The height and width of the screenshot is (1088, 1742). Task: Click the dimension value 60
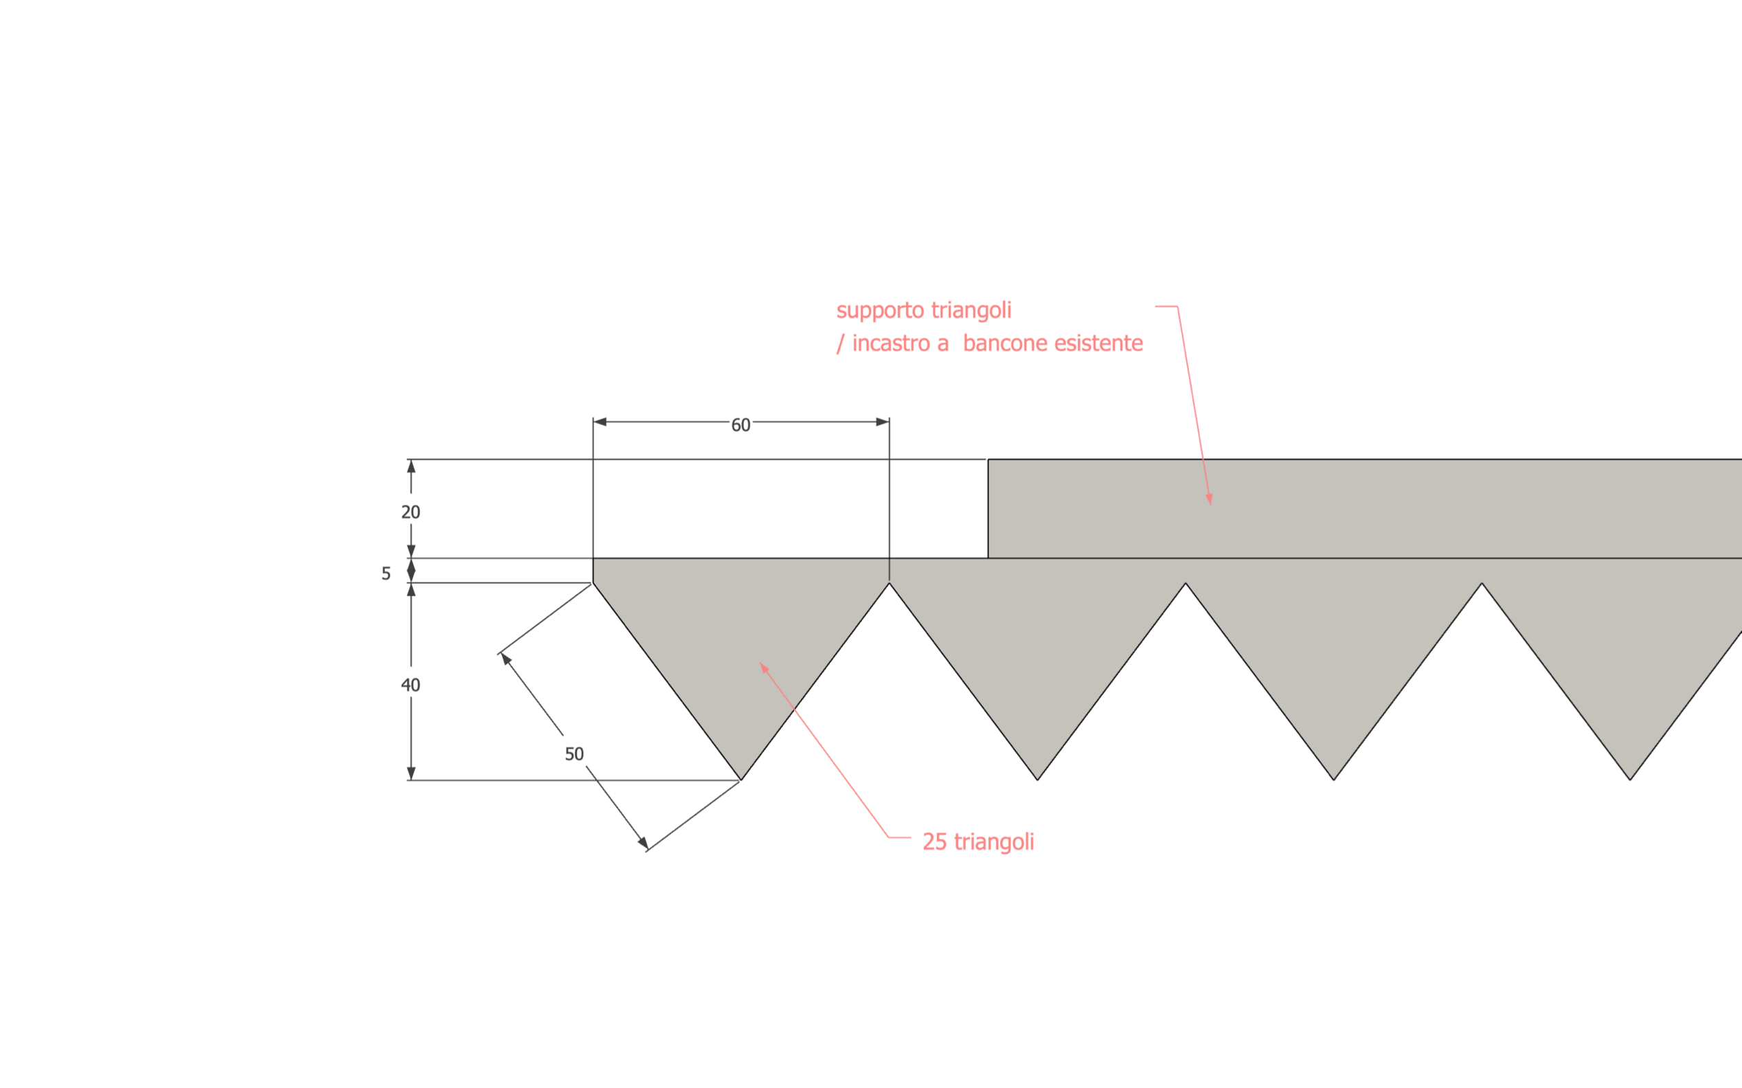point(740,425)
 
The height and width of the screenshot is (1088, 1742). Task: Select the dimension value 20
point(410,512)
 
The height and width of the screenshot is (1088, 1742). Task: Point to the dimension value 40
point(410,685)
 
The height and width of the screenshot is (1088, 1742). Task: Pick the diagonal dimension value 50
point(574,754)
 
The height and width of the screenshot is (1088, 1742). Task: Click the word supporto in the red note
point(880,311)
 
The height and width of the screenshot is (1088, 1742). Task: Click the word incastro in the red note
point(891,343)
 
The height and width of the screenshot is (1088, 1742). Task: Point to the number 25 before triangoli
point(935,842)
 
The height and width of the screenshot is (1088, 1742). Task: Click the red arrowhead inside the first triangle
point(764,667)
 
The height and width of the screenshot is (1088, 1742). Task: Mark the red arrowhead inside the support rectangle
point(1210,499)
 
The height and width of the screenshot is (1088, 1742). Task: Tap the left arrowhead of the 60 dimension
point(600,422)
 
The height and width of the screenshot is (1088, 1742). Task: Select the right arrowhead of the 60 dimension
point(883,422)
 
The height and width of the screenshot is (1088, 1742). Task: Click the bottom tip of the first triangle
point(741,780)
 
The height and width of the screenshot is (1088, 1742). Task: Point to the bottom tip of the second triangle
point(1037,780)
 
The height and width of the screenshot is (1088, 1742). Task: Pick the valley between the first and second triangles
point(890,583)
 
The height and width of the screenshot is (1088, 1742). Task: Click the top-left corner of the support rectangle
point(988,459)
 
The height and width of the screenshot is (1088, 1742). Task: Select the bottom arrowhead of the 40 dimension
point(411,773)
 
